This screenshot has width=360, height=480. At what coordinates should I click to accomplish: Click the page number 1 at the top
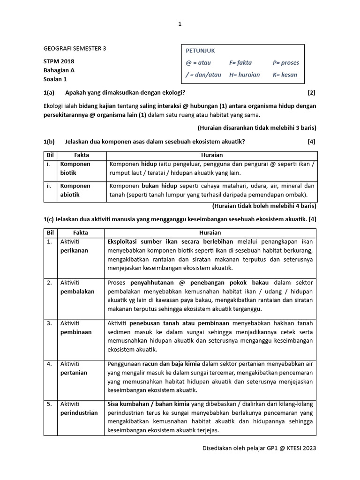(180, 24)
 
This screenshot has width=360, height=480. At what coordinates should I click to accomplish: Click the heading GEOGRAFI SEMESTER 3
(75, 48)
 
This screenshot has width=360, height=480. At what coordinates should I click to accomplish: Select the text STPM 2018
(59, 61)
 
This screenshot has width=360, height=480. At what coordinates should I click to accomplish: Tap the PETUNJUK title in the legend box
(200, 51)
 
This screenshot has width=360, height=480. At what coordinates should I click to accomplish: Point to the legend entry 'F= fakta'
(240, 62)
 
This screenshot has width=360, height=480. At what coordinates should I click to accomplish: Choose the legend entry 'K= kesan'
(285, 75)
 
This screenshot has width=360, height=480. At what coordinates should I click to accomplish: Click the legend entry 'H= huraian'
(244, 75)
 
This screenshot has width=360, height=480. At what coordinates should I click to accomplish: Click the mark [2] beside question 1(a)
(312, 92)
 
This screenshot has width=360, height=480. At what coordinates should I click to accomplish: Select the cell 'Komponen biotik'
(75, 168)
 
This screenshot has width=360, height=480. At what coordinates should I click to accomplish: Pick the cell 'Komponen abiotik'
(75, 190)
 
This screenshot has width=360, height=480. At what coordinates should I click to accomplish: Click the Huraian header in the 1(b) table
(212, 155)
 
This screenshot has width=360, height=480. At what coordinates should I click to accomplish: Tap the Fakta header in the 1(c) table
(81, 232)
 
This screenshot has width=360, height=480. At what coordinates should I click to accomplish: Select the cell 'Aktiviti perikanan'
(74, 246)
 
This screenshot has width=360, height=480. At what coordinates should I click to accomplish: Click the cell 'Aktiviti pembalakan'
(77, 287)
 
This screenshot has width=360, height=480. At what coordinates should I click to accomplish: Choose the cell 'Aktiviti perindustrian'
(79, 409)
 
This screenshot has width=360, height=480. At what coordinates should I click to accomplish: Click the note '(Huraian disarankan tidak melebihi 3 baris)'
(257, 127)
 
